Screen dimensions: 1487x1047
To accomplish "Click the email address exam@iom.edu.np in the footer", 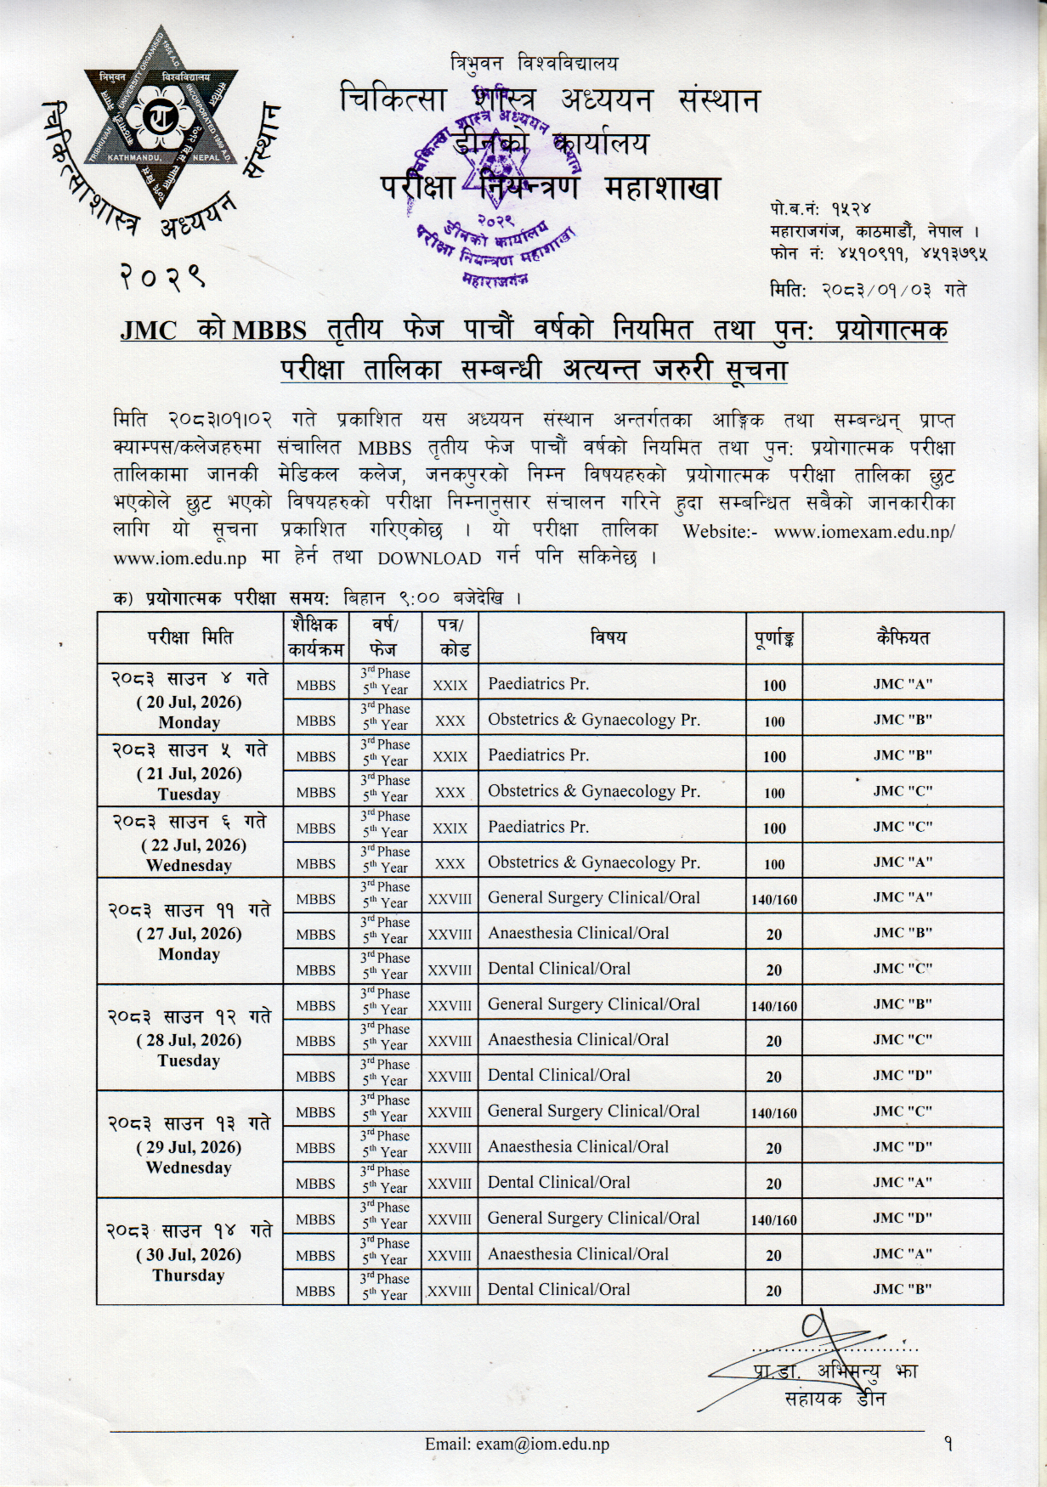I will (x=517, y=1444).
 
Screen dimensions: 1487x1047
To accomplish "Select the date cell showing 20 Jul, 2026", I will (x=189, y=700).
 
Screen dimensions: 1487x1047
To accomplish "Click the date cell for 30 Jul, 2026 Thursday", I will (x=189, y=1252).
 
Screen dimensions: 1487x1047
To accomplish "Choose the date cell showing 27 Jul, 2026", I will (x=189, y=931).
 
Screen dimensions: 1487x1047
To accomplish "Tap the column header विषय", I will (x=608, y=636).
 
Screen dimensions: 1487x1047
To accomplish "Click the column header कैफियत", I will (x=903, y=637).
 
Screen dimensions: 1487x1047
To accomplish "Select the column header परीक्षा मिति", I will (x=189, y=637).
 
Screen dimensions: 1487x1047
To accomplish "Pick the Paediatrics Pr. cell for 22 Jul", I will (x=538, y=827).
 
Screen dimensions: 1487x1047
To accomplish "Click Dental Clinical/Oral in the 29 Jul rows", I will (x=558, y=1182).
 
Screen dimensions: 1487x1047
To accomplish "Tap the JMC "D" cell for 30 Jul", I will (x=903, y=1218).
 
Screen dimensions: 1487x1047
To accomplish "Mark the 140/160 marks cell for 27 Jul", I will (x=773, y=899).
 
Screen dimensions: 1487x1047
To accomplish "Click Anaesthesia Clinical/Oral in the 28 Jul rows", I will (x=578, y=1040).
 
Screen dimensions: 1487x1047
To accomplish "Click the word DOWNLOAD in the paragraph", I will (x=429, y=558).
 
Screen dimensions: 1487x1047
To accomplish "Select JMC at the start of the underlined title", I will (x=149, y=330).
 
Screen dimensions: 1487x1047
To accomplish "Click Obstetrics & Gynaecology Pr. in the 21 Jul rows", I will (x=593, y=791).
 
